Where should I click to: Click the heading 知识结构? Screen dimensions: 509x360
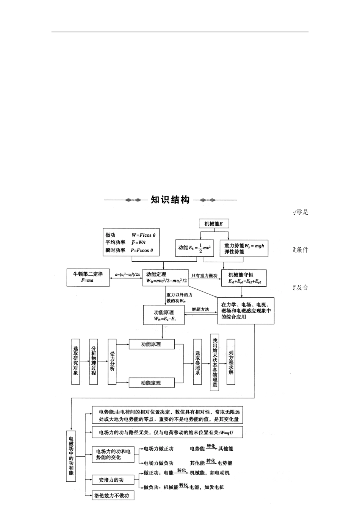coord(170,200)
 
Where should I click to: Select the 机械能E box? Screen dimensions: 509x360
coord(214,223)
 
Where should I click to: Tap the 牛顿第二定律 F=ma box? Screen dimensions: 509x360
coord(88,277)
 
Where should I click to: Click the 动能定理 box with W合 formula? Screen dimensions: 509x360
coord(165,278)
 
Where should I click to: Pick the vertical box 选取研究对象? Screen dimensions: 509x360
coord(76,362)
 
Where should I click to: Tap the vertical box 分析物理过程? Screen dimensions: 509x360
coord(94,362)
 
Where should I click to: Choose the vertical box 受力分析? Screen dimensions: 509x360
coord(112,362)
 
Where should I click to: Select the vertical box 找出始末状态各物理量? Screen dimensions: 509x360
coord(215,362)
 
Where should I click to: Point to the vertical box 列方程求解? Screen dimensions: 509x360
coord(231,362)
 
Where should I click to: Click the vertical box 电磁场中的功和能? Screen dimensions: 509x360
coord(71,456)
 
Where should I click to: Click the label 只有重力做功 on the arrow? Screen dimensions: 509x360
coord(205,276)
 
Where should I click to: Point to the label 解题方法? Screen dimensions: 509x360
coord(200,309)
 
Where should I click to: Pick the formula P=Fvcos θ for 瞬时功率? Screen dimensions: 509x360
coord(142,250)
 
